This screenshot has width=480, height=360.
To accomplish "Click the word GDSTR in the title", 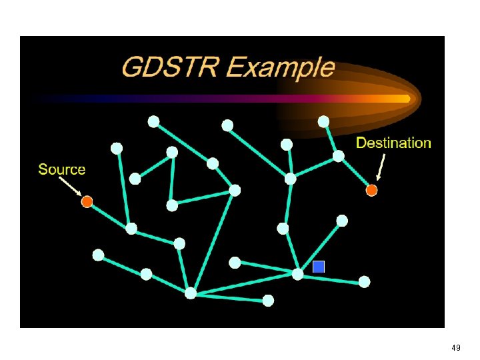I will coord(171,69).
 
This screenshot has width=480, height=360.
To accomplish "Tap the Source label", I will coord(62,169).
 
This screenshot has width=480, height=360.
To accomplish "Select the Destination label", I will coord(393,143).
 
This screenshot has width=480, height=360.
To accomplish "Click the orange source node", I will coord(87,201).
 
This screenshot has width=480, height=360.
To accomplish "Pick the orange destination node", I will coord(372,191).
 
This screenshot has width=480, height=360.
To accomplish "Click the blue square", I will coord(319,267).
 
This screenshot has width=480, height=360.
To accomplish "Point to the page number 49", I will coord(456,348).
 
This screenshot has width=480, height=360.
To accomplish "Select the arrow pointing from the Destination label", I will coord(381,167).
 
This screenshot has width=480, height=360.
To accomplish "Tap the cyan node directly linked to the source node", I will coord(131,229).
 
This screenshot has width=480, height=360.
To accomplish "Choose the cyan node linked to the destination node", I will coord(338,156).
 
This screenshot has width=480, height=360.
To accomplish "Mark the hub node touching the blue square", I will coord(297,273).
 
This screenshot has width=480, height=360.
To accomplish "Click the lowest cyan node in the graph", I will coord(268,301).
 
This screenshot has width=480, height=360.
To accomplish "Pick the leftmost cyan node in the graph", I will coord(98,255).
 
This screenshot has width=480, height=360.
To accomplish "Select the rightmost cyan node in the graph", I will coord(364,282).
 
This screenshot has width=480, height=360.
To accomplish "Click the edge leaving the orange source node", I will coord(109,215).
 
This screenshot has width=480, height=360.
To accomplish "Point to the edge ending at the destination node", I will coord(355,173).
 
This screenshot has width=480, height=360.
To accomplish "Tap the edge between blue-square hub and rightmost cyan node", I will coord(331,278).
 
